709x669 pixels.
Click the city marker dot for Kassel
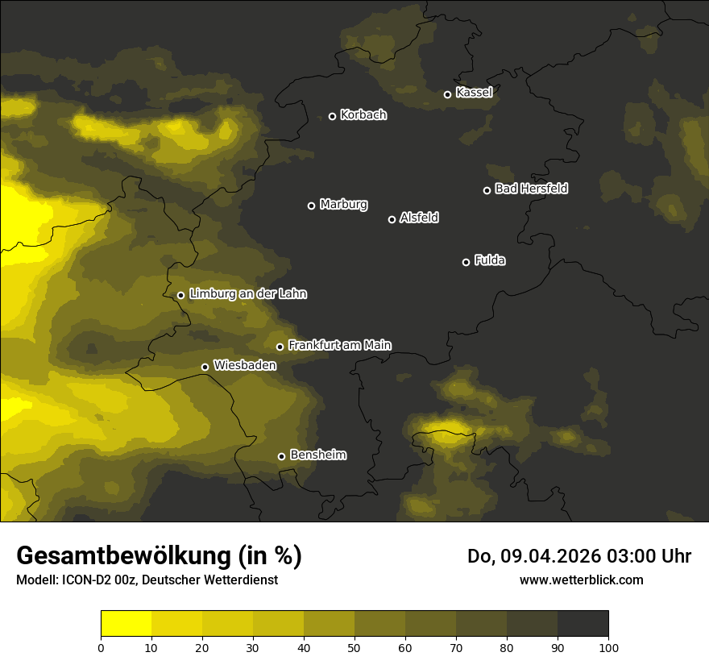click(x=447, y=94)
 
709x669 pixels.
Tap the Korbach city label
click(x=363, y=115)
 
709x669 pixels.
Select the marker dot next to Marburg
click(x=311, y=206)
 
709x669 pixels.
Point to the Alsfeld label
click(x=419, y=218)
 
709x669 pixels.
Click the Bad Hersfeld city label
click(x=531, y=189)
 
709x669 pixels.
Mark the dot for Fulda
click(x=466, y=262)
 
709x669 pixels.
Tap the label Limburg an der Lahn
click(x=247, y=294)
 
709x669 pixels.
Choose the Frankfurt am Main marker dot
click(x=280, y=347)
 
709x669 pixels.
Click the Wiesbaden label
click(x=245, y=365)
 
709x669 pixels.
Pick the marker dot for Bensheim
click(x=281, y=456)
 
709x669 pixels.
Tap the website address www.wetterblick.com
click(x=581, y=580)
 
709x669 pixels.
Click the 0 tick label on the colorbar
click(x=101, y=647)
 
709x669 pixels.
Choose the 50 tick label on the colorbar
click(x=354, y=647)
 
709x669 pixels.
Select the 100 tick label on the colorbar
click(x=608, y=647)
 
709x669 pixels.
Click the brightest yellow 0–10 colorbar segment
click(x=126, y=624)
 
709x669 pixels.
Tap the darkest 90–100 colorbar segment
click(x=583, y=624)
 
